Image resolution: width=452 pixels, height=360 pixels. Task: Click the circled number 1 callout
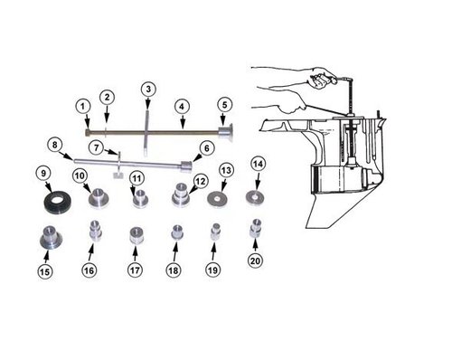click(x=83, y=106)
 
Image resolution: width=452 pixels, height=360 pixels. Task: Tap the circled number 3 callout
click(x=148, y=89)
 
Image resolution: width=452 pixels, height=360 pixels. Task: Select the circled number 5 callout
click(x=224, y=105)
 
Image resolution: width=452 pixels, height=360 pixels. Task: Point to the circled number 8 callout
click(x=54, y=145)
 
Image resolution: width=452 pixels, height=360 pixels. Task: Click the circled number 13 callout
click(x=226, y=170)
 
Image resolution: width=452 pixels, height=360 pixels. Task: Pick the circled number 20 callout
click(x=255, y=260)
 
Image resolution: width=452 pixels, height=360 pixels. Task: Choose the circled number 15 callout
click(x=44, y=272)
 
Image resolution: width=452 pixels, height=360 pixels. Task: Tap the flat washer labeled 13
click(x=217, y=199)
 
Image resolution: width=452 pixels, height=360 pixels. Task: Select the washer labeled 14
click(x=255, y=197)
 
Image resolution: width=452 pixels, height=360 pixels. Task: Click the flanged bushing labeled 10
click(x=99, y=197)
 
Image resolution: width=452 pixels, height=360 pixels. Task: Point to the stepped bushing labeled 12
click(x=182, y=195)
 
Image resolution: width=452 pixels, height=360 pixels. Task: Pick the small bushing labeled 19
click(x=216, y=232)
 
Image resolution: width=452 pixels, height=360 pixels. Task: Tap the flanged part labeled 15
click(x=51, y=237)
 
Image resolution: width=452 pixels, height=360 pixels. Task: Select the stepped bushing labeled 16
click(x=96, y=231)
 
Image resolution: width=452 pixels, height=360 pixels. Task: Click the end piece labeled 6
click(x=186, y=167)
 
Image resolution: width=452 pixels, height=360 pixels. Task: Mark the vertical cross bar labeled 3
click(x=146, y=133)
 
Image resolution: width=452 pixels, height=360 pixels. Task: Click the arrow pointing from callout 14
click(x=258, y=182)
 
